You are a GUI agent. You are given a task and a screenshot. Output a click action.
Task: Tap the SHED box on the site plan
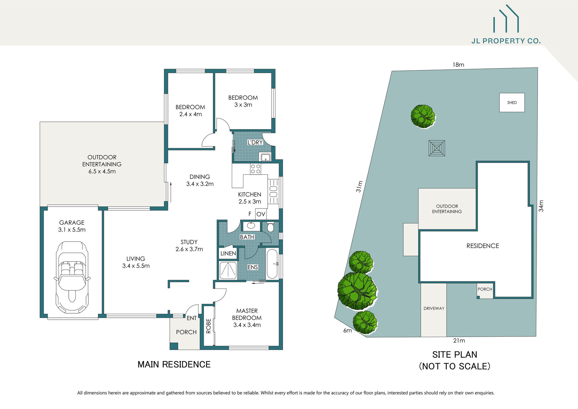click(x=512, y=102)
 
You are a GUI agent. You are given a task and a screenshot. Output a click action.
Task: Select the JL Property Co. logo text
click(x=506, y=41)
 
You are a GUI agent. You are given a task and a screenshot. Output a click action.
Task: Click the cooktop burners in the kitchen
click(x=256, y=169)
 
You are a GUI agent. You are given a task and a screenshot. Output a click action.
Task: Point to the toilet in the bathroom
click(x=270, y=227)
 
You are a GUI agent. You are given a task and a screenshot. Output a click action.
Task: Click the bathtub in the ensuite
click(x=272, y=263)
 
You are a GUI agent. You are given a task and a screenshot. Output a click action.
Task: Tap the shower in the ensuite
click(x=228, y=270)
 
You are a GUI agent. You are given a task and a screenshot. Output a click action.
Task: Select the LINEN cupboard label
click(x=228, y=253)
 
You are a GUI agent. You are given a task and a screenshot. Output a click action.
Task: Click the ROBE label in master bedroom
click(x=208, y=326)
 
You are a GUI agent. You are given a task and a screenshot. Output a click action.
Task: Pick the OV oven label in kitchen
click(x=261, y=214)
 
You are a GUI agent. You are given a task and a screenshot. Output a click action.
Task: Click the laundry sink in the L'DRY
click(x=265, y=157)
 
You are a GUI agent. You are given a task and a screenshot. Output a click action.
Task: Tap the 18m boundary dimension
click(x=458, y=65)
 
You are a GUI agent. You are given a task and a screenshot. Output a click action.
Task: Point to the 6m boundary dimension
click(x=347, y=331)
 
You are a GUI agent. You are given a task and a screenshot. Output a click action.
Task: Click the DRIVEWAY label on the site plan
click(x=434, y=308)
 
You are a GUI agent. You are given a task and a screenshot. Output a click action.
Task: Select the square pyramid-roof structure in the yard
click(x=437, y=148)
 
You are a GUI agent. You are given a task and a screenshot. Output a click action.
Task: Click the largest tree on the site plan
click(x=357, y=291)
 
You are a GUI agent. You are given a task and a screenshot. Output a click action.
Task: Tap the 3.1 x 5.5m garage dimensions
click(x=72, y=230)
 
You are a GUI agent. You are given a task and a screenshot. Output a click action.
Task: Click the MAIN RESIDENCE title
click(x=174, y=364)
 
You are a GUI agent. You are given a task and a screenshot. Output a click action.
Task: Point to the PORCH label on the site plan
click(x=485, y=289)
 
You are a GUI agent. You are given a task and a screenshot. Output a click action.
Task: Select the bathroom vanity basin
click(x=251, y=226)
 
